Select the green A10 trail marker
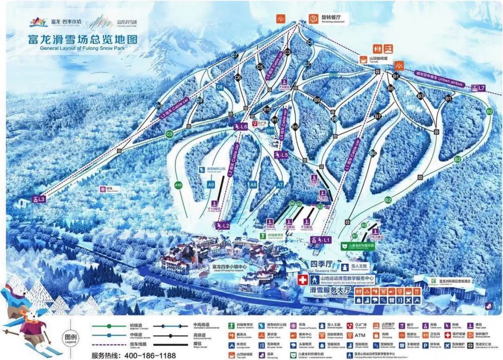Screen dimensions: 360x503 [178, 185]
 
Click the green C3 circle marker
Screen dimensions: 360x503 [170, 134]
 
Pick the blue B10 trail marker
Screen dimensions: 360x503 [333, 75]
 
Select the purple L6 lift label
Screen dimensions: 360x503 [241, 126]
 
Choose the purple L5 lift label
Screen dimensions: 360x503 [282, 155]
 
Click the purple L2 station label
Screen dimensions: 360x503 [223, 226]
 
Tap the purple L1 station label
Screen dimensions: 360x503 [321, 240]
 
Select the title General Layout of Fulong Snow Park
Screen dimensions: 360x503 [89, 48]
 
